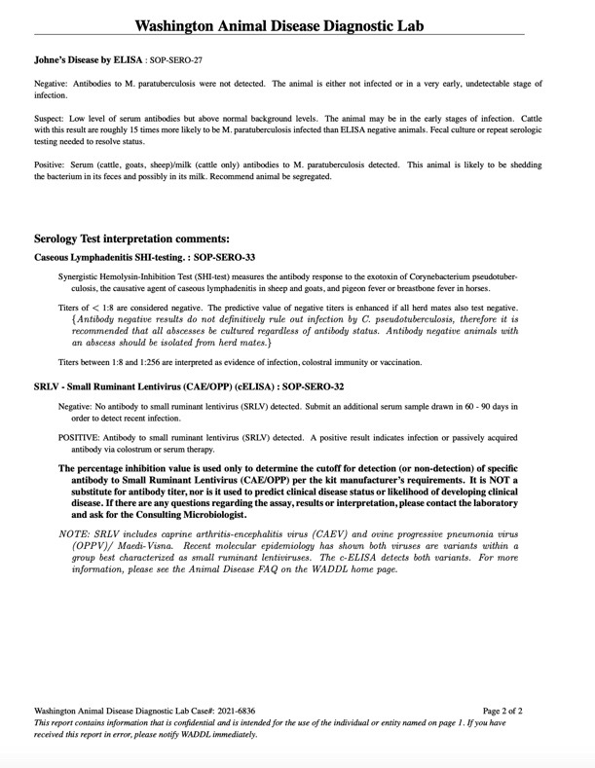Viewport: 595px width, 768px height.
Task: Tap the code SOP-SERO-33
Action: click(221, 258)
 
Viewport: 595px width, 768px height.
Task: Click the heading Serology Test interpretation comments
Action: click(131, 238)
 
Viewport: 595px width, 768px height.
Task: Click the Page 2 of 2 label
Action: click(502, 712)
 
